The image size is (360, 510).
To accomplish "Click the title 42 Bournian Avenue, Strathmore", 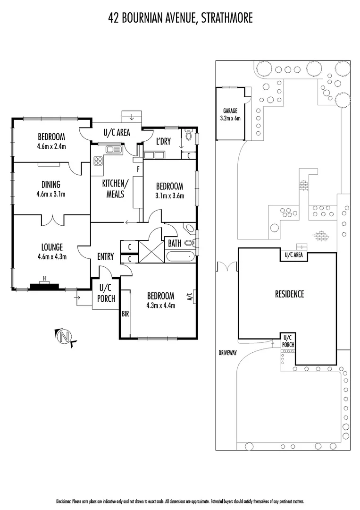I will point(180,18).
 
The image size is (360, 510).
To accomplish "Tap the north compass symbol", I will point(65,337).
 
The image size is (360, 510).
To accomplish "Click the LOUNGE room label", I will point(51,246).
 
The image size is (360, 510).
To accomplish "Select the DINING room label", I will point(51,185).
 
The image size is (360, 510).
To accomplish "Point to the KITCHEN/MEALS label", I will point(115,188).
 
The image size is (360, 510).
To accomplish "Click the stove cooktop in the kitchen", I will point(99,161).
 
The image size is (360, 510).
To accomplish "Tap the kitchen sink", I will point(114,150).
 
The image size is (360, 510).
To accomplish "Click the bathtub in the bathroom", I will point(180,257).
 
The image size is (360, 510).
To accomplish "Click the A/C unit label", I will point(190,297).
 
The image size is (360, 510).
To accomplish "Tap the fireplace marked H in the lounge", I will point(44,285).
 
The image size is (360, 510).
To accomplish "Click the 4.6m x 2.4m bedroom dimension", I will point(51,146).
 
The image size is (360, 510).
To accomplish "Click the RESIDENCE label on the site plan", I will point(289,294).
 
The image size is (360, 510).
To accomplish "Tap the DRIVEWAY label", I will point(227,352).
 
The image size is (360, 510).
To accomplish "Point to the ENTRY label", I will point(105,256).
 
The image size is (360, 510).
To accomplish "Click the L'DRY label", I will point(163,142).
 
